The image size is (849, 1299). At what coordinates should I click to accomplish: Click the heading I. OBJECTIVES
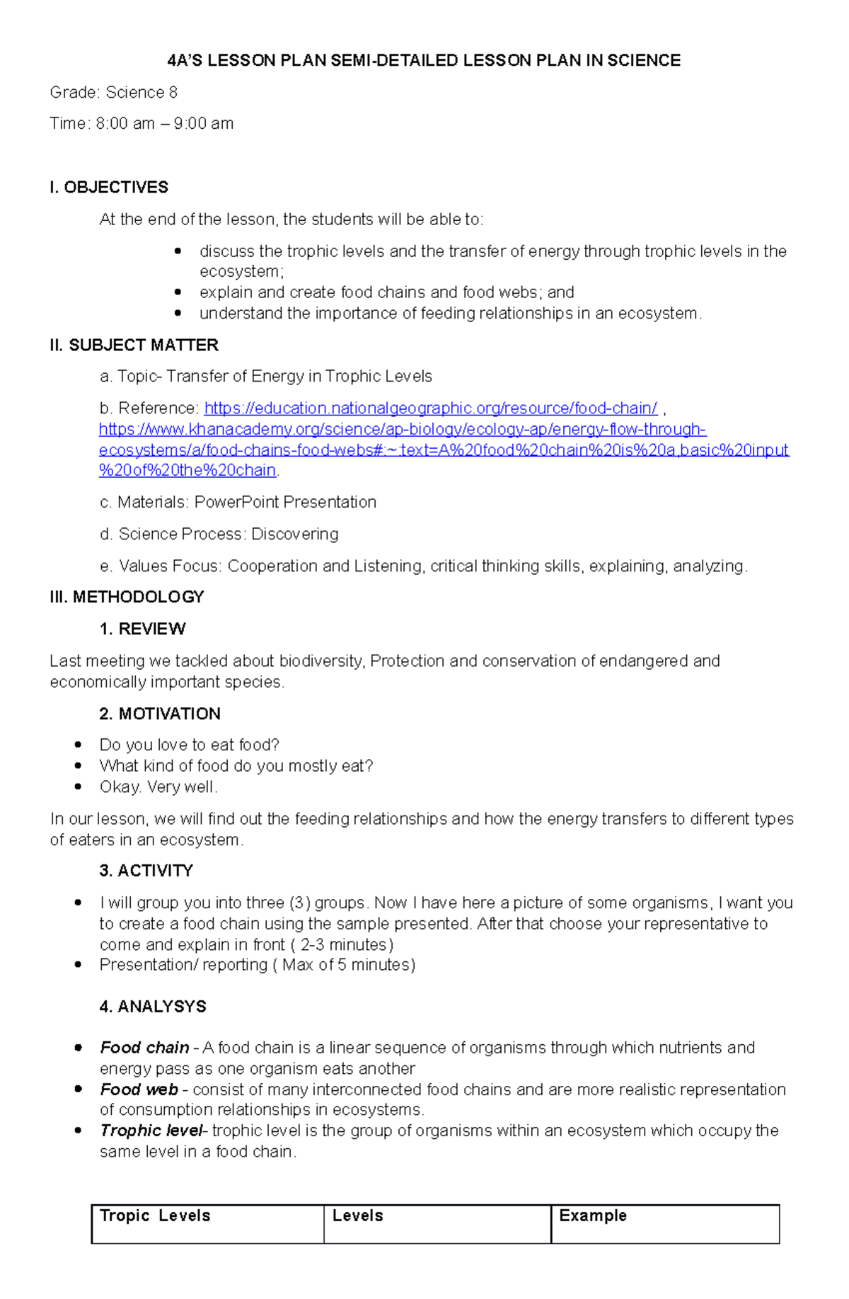tap(109, 188)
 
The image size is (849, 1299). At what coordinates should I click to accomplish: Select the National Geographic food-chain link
tap(430, 408)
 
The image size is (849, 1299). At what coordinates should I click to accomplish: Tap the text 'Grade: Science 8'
tap(113, 93)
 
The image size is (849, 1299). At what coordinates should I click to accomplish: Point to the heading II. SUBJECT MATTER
tap(134, 345)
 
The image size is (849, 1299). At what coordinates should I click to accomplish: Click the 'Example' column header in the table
tap(593, 1215)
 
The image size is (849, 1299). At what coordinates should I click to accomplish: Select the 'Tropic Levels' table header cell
tap(155, 1215)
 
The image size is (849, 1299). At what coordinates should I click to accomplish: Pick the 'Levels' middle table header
tap(357, 1215)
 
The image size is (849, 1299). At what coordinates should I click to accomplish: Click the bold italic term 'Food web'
tap(139, 1089)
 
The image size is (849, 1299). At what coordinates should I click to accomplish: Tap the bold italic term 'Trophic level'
tap(151, 1131)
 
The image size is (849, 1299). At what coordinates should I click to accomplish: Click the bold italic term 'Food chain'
tap(144, 1048)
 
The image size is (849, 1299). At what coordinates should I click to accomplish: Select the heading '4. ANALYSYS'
tap(153, 1007)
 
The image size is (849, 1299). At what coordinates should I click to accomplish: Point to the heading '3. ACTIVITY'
tap(146, 871)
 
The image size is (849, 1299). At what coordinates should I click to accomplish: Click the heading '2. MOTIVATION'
tap(160, 714)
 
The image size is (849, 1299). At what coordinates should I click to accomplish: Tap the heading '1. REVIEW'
tap(142, 629)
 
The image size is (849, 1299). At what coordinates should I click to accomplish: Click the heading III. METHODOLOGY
tap(127, 597)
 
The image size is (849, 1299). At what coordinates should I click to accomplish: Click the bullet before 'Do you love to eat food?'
tap(79, 745)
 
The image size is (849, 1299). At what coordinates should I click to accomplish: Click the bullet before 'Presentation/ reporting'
tap(79, 965)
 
